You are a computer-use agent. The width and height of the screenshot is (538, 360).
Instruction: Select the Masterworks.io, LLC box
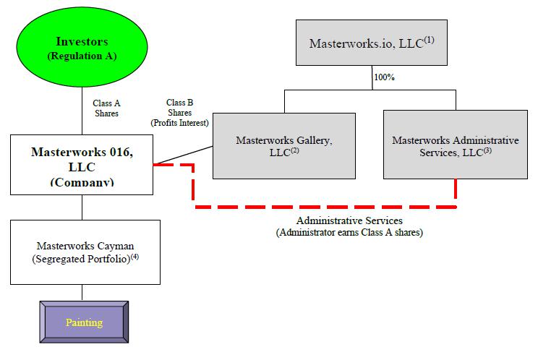pos(372,43)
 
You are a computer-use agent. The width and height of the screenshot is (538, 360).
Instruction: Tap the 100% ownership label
pos(383,77)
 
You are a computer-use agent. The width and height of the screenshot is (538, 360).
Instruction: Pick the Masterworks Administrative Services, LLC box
pos(455,145)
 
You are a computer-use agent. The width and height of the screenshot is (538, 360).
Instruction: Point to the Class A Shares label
pos(106,108)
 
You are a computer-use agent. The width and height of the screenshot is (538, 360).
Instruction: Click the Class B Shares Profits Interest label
pos(179,113)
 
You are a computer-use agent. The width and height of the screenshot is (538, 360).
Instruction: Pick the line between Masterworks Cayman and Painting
pos(82,292)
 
